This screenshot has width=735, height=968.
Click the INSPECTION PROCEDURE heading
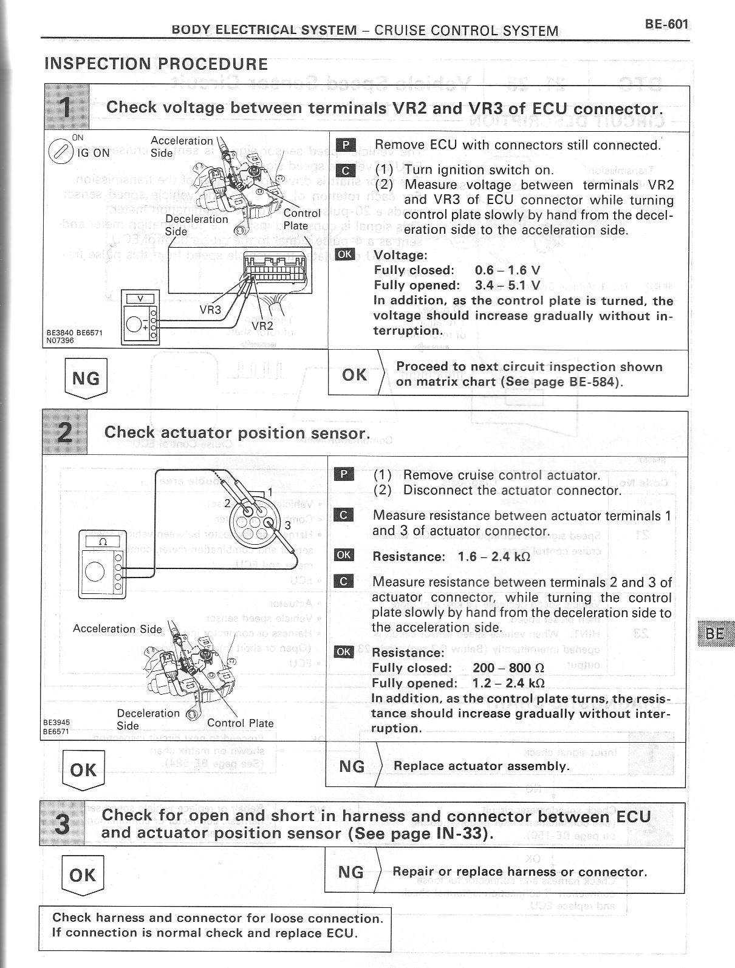click(156, 64)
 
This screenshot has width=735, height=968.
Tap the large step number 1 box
click(66, 108)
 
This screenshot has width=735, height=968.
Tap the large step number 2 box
click(64, 432)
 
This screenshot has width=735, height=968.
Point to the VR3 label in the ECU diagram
click(211, 310)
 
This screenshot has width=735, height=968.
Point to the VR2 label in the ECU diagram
click(262, 325)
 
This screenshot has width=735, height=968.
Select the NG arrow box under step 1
click(86, 378)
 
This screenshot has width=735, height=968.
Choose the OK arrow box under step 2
click(84, 770)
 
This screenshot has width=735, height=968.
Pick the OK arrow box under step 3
click(83, 875)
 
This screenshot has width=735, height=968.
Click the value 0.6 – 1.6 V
click(508, 270)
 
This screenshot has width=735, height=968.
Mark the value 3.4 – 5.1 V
click(508, 285)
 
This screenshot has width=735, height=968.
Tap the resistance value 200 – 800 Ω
click(508, 668)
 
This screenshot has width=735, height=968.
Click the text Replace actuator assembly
click(481, 766)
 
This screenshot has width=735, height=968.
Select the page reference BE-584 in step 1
click(595, 382)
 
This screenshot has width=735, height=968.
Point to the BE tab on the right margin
click(714, 633)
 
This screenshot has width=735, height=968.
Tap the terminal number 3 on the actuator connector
click(287, 525)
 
